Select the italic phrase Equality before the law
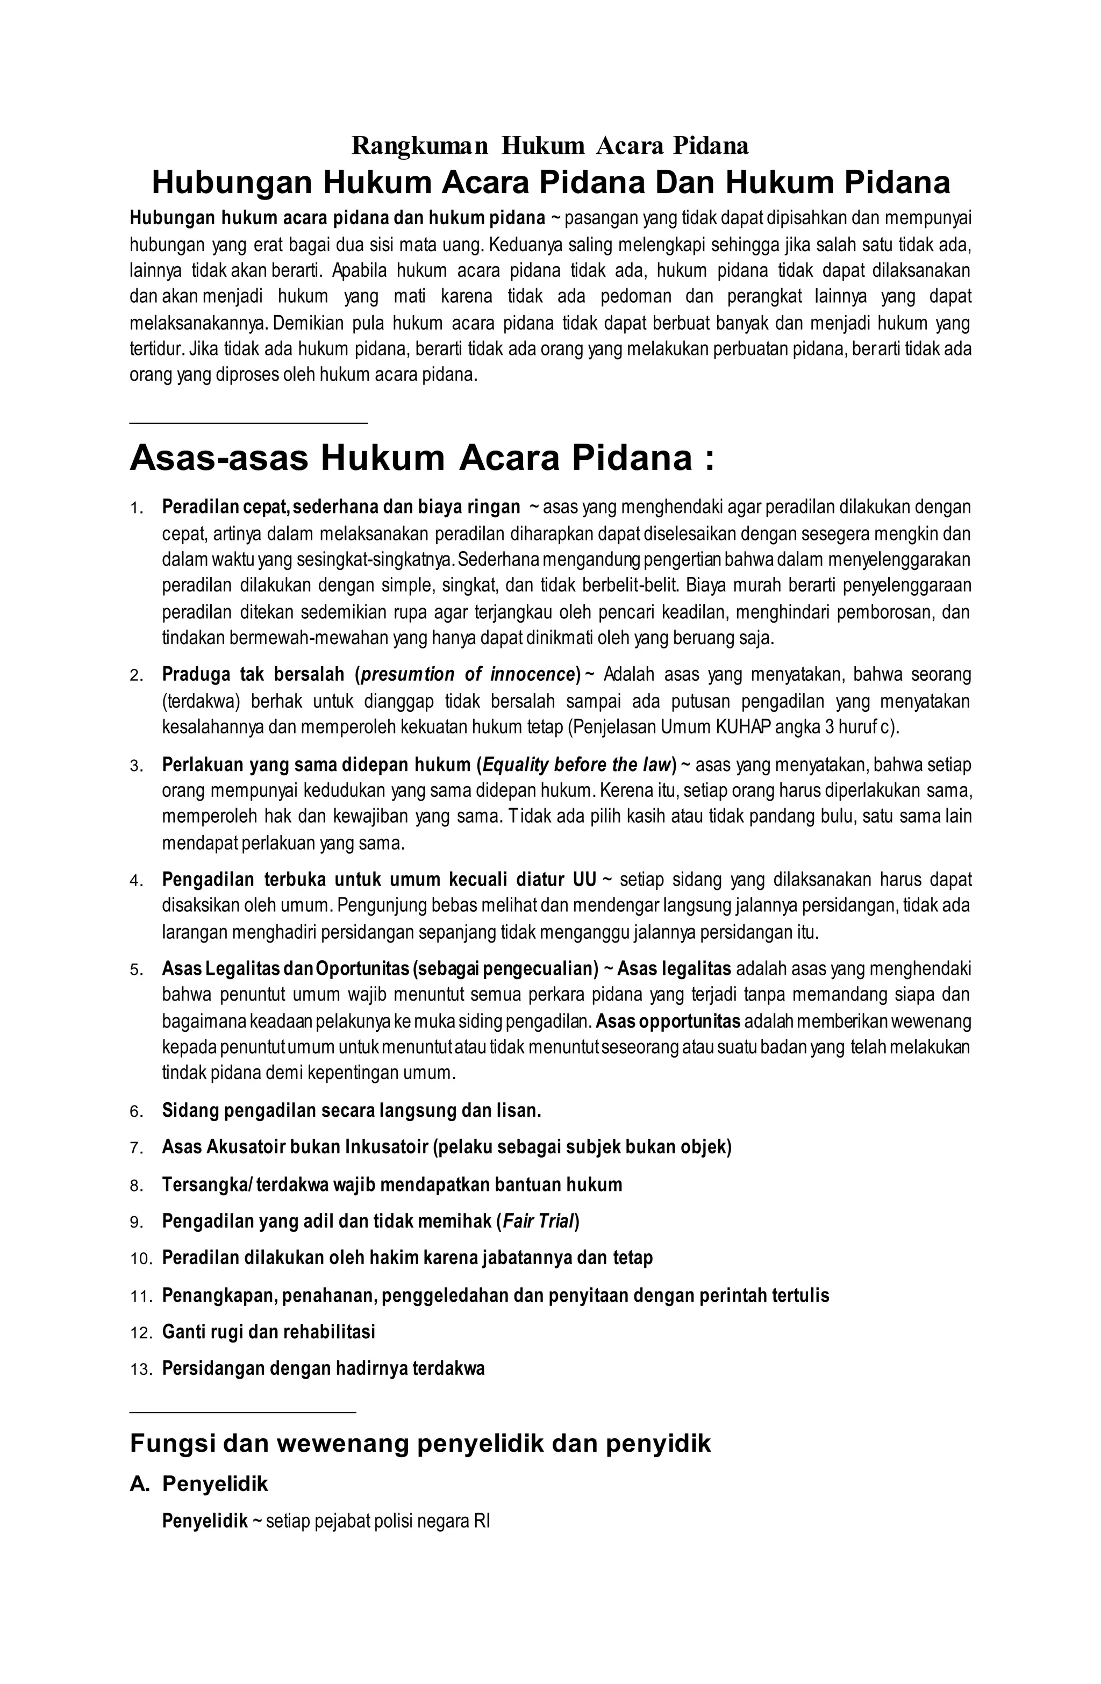click(x=575, y=765)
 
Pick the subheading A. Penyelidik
click(x=199, y=1484)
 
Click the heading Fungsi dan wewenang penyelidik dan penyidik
click(x=420, y=1444)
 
